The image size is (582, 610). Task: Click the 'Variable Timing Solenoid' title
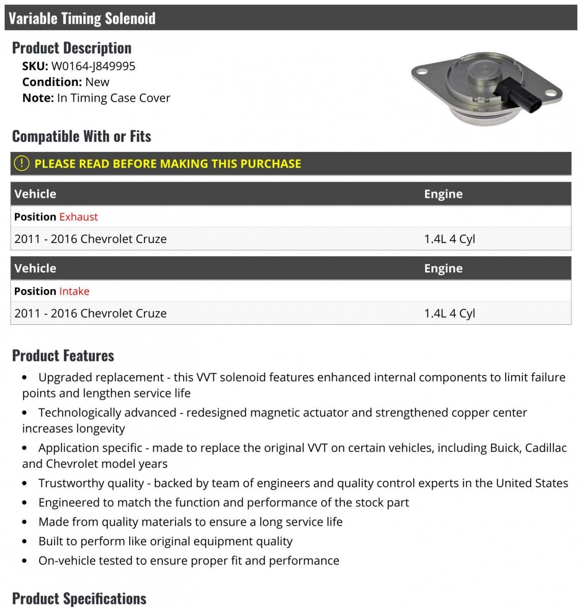pos(82,18)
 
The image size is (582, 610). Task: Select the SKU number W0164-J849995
pos(93,66)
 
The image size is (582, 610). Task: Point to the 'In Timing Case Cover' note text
pos(113,98)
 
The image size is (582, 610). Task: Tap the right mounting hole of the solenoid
pos(550,94)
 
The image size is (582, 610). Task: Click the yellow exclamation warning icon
pos(21,164)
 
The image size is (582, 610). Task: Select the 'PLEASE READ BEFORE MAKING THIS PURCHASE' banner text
pos(167,164)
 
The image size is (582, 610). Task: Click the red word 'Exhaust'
pos(78,217)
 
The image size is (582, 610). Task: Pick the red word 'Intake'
pos(74,291)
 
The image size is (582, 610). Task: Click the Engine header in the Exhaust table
pos(443,194)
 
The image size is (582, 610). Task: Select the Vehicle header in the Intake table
pos(35,268)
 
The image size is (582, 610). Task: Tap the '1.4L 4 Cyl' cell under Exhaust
pos(449,239)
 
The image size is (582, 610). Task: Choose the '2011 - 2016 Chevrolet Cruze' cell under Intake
pos(91,313)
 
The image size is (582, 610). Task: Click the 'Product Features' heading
pos(63,355)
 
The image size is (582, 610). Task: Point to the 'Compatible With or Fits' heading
pos(81,136)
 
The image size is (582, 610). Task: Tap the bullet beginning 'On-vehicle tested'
pos(189,561)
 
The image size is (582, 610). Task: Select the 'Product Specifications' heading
pos(79,598)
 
